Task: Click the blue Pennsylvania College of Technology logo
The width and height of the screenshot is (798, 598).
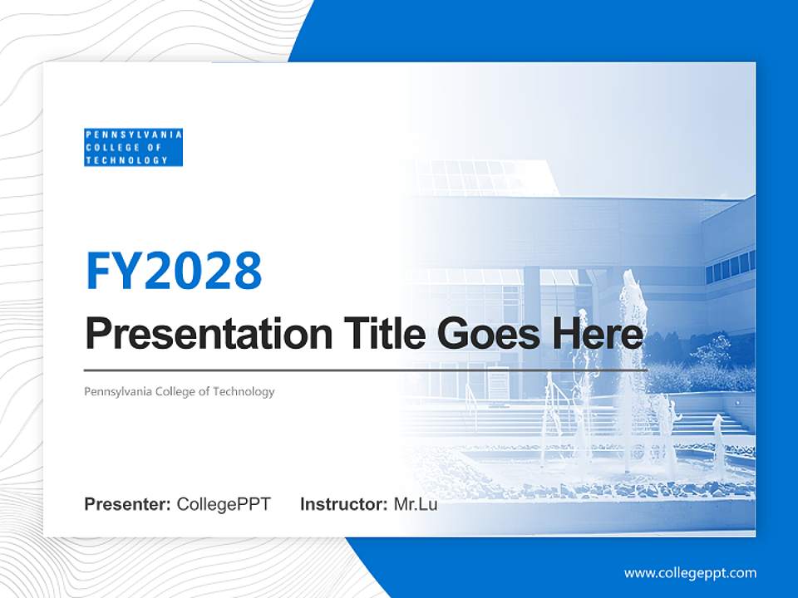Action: pos(133,147)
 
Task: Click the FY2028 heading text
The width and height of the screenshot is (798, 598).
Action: pos(174,270)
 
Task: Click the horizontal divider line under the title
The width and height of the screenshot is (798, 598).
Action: pos(366,370)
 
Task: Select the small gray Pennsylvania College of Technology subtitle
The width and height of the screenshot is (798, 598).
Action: pos(179,391)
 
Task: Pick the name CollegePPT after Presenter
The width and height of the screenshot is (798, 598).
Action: pos(224,504)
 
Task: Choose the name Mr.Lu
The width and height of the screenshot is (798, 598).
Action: pos(415,504)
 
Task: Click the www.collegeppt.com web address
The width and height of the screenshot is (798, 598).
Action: pos(690,572)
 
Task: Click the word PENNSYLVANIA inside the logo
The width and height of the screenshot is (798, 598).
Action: pos(133,135)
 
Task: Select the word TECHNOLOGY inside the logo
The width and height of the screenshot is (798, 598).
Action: pos(126,159)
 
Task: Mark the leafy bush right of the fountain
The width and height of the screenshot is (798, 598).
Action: pos(707,365)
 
